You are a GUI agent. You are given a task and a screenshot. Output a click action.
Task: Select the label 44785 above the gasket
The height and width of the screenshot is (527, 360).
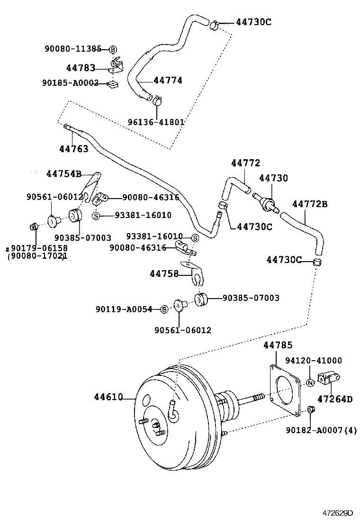(x=278, y=345)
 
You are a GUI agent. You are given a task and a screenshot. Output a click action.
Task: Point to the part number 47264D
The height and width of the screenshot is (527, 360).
(x=334, y=399)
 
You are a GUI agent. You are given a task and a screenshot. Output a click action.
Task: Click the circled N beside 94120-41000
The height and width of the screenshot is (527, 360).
(x=310, y=383)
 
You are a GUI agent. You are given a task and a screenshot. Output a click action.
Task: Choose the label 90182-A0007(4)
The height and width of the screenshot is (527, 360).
(x=321, y=430)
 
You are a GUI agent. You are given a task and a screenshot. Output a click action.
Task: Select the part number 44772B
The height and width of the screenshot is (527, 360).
(x=310, y=204)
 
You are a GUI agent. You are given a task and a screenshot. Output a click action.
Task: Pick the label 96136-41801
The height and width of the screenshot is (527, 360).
(x=156, y=122)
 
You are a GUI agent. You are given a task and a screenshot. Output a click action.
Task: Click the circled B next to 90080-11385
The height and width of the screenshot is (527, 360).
(x=113, y=49)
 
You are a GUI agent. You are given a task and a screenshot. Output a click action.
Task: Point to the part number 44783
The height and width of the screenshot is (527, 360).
(x=81, y=68)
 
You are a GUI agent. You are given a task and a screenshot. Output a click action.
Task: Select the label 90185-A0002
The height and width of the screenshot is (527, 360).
(x=70, y=83)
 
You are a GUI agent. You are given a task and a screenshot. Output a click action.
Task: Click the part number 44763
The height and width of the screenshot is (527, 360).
(x=73, y=149)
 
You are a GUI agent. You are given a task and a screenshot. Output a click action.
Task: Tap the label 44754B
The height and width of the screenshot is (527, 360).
(x=63, y=173)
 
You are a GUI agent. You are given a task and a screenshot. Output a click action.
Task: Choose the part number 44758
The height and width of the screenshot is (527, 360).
(x=164, y=273)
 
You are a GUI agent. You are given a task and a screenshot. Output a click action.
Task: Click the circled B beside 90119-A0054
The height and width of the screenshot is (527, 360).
(x=164, y=309)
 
